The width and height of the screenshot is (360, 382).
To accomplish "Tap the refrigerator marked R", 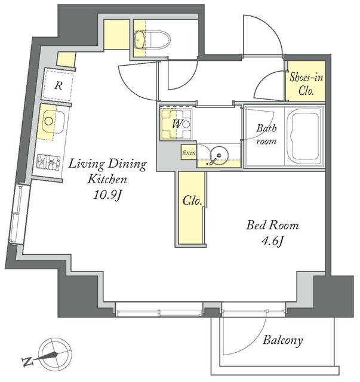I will click(58, 85).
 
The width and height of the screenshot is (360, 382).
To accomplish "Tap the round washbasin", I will click(220, 156).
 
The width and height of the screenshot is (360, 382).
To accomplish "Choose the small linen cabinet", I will click(188, 153).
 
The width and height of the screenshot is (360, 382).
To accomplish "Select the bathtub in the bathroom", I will click(305, 137).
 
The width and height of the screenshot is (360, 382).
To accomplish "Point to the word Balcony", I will click(282, 341).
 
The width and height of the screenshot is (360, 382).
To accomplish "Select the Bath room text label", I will click(266, 134).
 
